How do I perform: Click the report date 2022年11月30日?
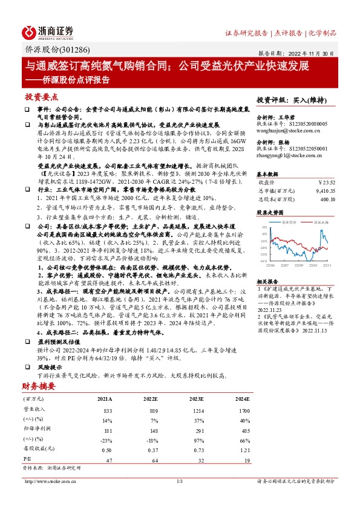pyautogui.click(x=314, y=53)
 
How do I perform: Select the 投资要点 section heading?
pyautogui.click(x=42, y=97)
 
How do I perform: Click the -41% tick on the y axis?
pyautogui.click(x=264, y=261)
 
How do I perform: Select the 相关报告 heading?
pyautogui.click(x=267, y=281)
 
